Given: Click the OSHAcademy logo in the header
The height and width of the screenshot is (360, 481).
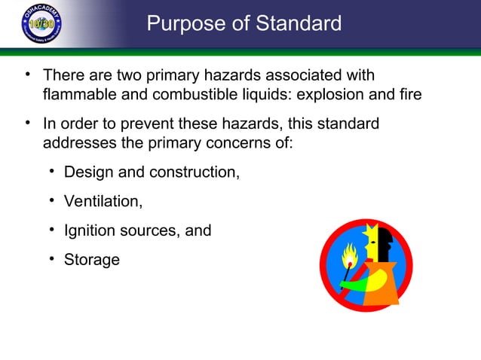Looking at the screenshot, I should [x=41, y=23].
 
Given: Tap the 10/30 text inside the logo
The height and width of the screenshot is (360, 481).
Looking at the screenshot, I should [x=41, y=23].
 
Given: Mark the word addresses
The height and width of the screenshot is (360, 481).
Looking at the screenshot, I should [x=78, y=142].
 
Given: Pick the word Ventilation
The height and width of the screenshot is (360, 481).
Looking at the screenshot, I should [x=103, y=201].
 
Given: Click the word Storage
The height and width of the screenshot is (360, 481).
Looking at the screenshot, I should [x=92, y=260].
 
